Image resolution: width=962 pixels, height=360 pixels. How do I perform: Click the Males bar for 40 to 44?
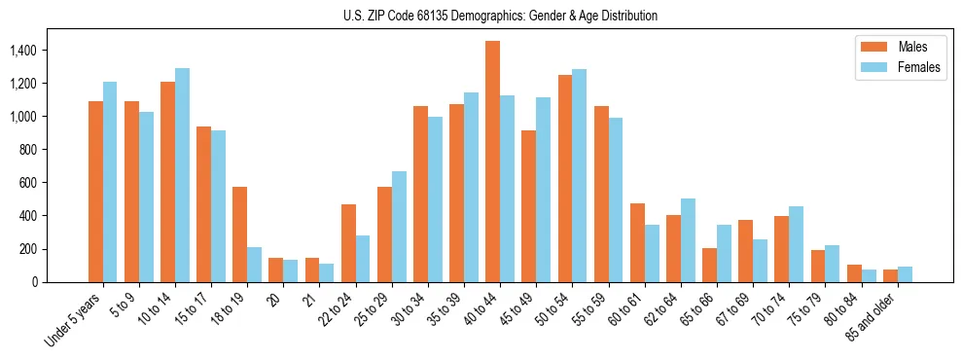(x=493, y=162)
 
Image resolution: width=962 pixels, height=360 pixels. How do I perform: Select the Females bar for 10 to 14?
(x=182, y=175)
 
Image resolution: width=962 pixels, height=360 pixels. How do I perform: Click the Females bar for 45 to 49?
(x=544, y=190)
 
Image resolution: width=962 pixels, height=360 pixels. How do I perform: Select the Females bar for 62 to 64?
(x=688, y=240)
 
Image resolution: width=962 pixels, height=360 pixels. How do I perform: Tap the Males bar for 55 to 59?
(x=601, y=194)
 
